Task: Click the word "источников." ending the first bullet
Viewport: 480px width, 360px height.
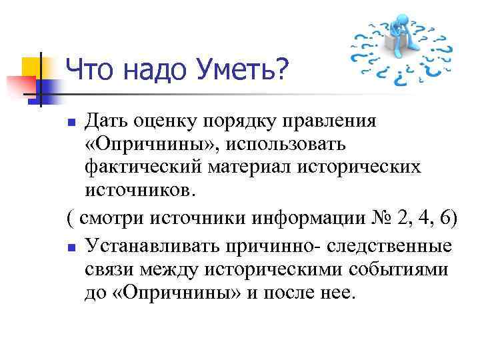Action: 141,190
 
